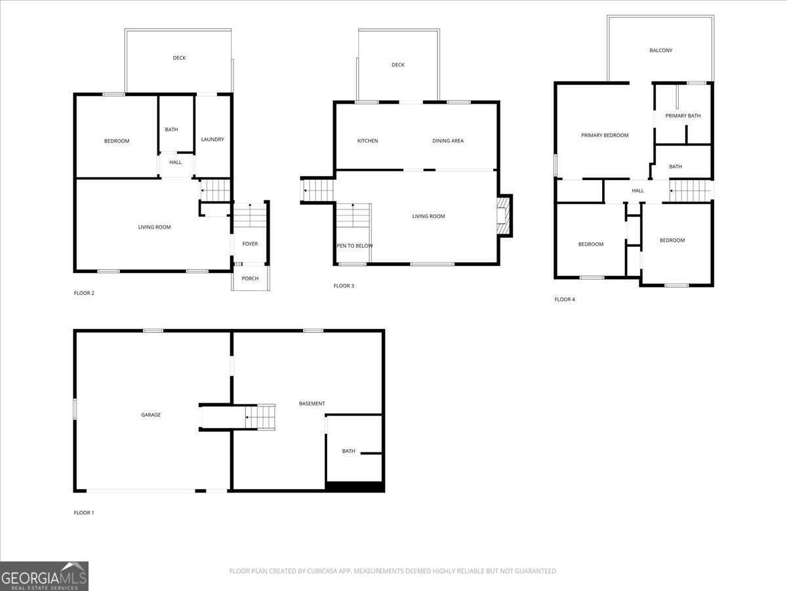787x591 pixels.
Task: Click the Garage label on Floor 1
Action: point(151,415)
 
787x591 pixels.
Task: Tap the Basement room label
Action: point(312,404)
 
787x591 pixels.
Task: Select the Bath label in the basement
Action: point(348,451)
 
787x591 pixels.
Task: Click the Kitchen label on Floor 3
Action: point(367,141)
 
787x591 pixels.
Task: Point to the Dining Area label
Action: point(448,141)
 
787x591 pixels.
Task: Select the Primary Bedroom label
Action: point(605,135)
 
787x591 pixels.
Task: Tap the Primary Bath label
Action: point(683,116)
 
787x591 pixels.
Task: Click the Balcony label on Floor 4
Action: point(660,51)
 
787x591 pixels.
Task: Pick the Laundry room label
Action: point(212,139)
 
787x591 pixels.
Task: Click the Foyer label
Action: point(250,244)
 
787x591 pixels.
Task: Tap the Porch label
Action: point(250,278)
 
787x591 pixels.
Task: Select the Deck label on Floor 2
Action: point(179,58)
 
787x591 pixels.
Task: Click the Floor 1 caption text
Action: point(84,513)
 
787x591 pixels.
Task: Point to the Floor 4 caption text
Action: point(565,299)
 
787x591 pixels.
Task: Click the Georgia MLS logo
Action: point(44,576)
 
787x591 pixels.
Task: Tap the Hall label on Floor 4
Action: point(637,191)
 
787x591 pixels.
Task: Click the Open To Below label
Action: point(355,246)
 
